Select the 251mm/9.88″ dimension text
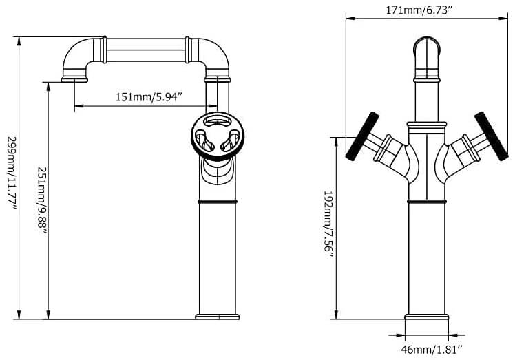click(x=42, y=200)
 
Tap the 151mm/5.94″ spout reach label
click(x=149, y=97)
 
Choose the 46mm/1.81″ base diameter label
click(x=432, y=350)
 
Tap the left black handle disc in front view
click(x=362, y=136)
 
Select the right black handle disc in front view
click(x=492, y=136)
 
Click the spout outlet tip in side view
click(x=74, y=79)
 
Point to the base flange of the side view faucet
click(x=218, y=317)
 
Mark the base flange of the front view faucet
click(x=427, y=317)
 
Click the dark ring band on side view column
click(x=218, y=202)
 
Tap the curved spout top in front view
click(x=427, y=46)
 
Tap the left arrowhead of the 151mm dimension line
click(x=79, y=106)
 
